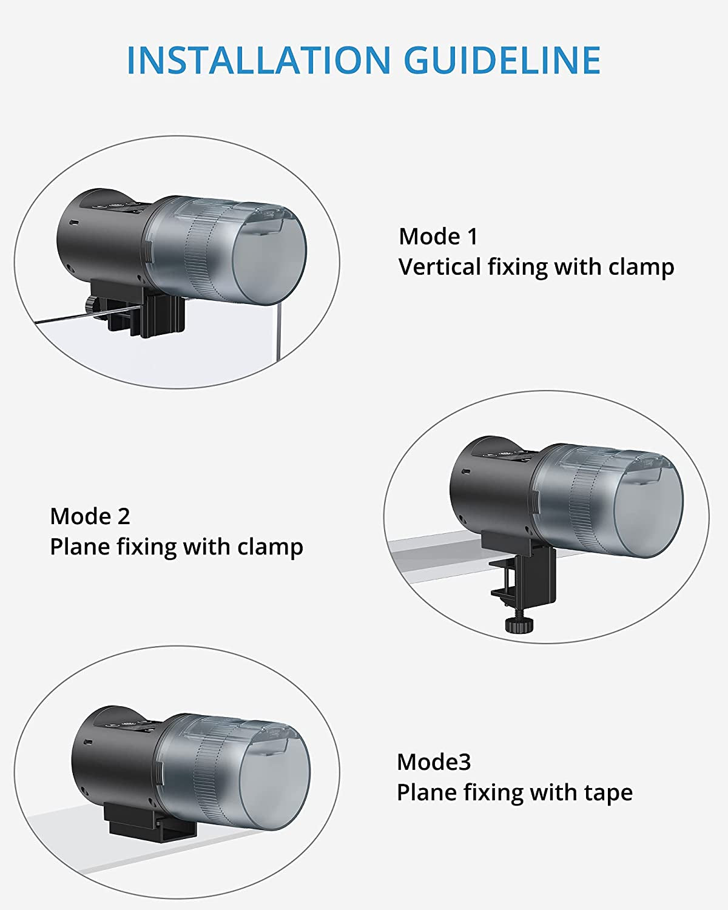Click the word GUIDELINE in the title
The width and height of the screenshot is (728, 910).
pos(502,60)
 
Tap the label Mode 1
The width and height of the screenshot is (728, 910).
pos(438,237)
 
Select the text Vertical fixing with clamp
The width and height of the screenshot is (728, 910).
pos(536,267)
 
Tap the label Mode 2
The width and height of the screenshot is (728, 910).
pos(90,516)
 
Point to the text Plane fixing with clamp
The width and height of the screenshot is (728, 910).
pos(176,547)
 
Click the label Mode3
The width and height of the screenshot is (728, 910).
pos(433,762)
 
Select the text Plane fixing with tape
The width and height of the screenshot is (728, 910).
pos(514,792)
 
